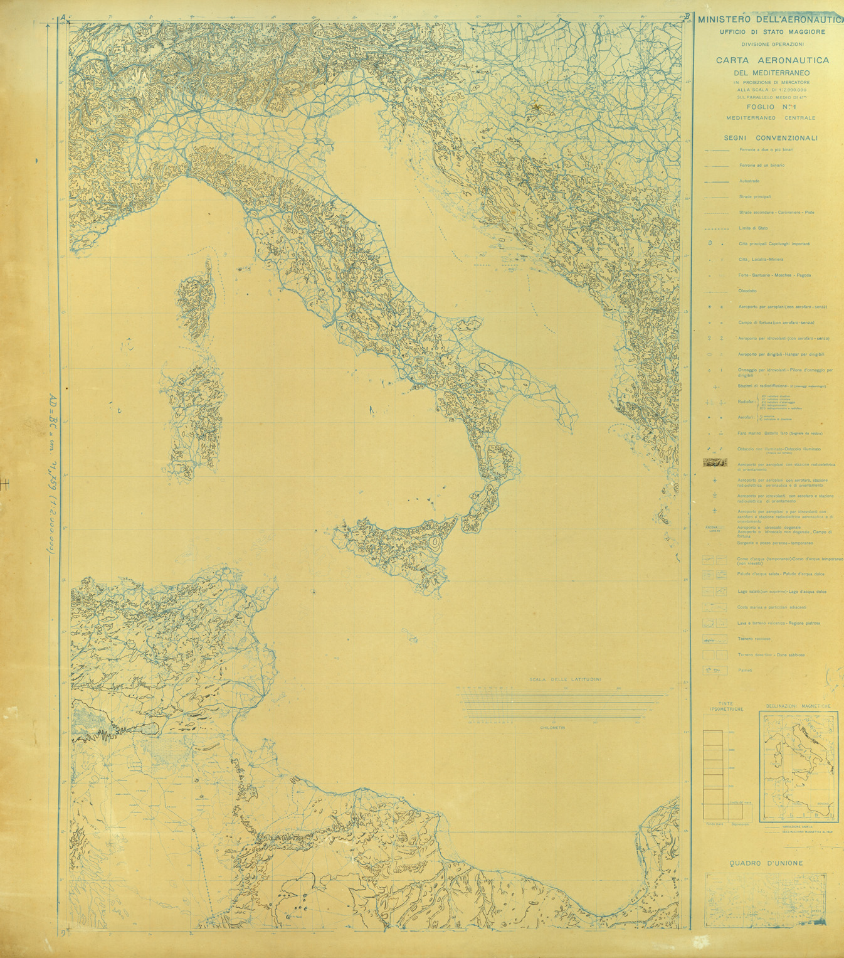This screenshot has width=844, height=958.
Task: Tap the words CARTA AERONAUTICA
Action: click(x=773, y=60)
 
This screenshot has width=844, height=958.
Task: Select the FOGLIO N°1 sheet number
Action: click(x=772, y=107)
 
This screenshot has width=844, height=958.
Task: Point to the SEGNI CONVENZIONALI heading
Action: click(x=771, y=138)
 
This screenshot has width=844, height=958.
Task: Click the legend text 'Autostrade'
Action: click(x=749, y=181)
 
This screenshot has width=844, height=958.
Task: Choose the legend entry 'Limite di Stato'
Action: click(x=753, y=228)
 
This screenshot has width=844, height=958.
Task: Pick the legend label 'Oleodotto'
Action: click(x=747, y=291)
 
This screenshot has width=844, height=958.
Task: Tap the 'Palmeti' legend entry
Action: click(x=745, y=671)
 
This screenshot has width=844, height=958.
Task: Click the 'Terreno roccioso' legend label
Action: click(x=754, y=639)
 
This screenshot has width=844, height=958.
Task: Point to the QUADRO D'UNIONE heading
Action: click(x=766, y=863)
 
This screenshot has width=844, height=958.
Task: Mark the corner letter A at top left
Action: click(x=62, y=18)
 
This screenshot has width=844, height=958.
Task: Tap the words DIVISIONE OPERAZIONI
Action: click(x=772, y=44)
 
